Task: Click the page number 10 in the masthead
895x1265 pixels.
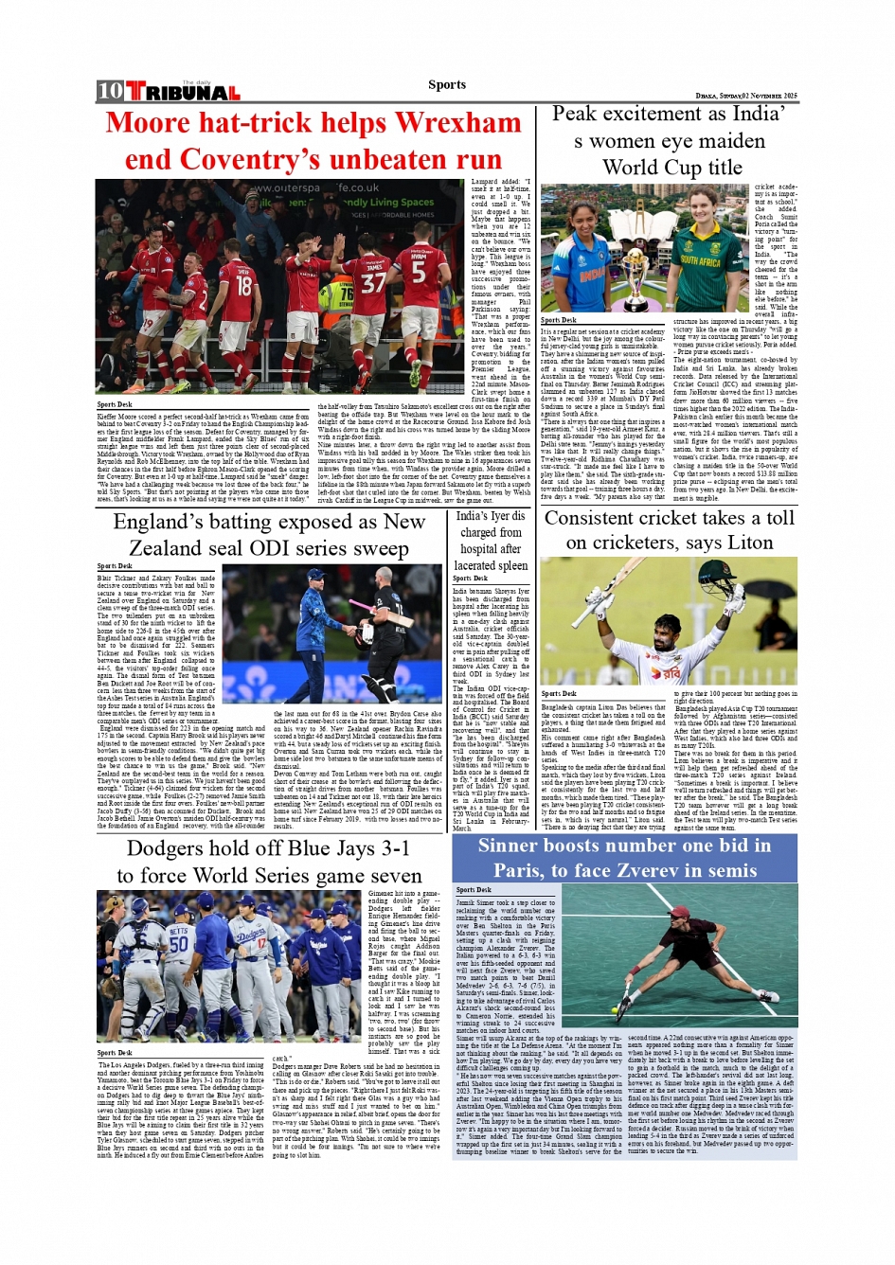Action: coord(110,91)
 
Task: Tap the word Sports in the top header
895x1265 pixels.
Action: coord(447,84)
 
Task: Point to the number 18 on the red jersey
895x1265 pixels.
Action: coord(243,284)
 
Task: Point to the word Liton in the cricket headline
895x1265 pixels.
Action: coord(748,543)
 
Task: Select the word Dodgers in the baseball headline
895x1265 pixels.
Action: coord(176,848)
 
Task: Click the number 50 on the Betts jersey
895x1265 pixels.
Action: coord(178,943)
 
